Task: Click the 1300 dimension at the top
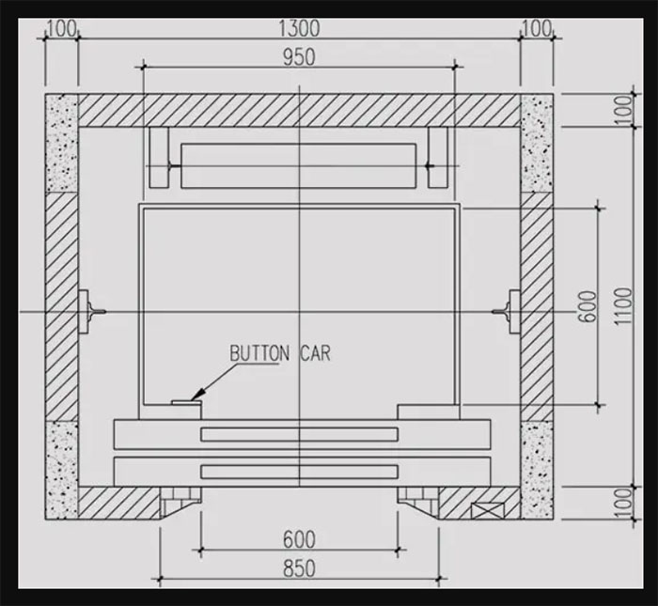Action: click(x=299, y=28)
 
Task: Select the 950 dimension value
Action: click(x=299, y=57)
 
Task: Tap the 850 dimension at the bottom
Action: click(x=299, y=568)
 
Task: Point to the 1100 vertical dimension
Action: click(x=624, y=305)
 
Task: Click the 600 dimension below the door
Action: click(x=299, y=539)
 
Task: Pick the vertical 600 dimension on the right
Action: click(x=589, y=306)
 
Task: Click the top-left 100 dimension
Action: click(x=61, y=29)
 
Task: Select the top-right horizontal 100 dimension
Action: click(x=537, y=29)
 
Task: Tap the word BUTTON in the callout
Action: click(x=259, y=353)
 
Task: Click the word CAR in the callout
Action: click(x=315, y=353)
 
